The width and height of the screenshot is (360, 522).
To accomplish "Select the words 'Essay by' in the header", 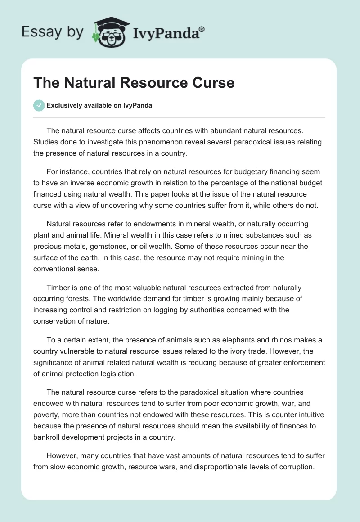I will (53, 32).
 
